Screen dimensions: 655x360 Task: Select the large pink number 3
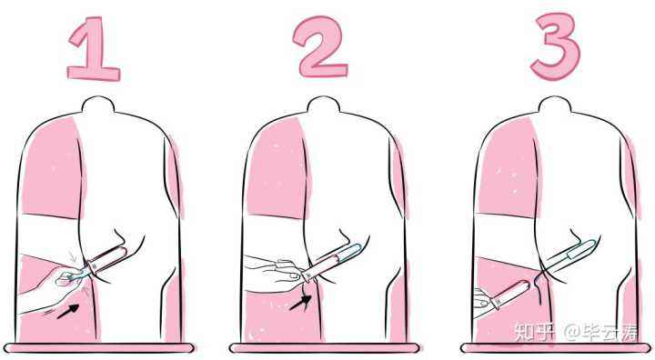coord(556,46)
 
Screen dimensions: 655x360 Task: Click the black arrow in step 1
coord(68,311)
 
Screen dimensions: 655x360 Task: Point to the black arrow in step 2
coord(301,303)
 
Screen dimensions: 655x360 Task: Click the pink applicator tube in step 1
coord(107,259)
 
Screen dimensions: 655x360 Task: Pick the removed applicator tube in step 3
coord(510,294)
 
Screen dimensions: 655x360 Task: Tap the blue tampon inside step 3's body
coord(578,253)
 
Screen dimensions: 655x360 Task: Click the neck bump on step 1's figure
coord(98,105)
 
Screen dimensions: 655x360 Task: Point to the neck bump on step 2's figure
coord(323,105)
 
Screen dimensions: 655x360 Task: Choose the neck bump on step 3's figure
coord(555,105)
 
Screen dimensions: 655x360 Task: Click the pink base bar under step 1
coord(99,348)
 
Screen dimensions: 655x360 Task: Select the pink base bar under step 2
coord(325,348)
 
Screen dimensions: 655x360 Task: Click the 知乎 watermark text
coord(535,332)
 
